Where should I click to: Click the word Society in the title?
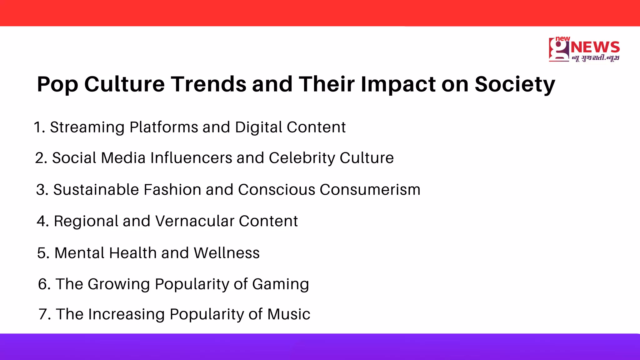(515, 84)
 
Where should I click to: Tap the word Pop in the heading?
(57, 84)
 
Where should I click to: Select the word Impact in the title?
(398, 84)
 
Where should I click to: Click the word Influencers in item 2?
(191, 158)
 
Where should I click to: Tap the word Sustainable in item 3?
(96, 190)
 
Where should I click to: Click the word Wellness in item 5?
(227, 253)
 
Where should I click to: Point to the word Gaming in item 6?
(280, 284)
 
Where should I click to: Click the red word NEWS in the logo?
(595, 47)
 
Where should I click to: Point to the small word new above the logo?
(562, 38)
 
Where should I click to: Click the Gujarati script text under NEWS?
(595, 58)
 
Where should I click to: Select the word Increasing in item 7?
(126, 314)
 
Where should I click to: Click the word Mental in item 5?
(79, 253)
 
